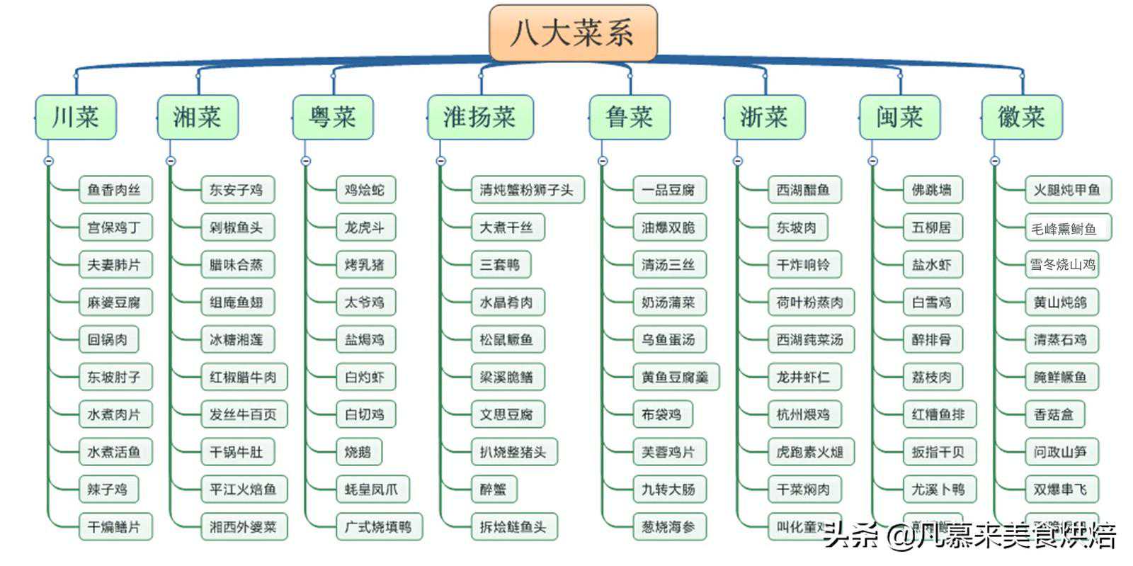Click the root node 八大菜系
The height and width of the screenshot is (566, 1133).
pos(573,33)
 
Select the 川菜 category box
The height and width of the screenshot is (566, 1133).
pos(76,117)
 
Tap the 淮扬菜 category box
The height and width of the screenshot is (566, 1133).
pos(480,117)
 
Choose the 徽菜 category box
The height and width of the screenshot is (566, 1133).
pos(1021,117)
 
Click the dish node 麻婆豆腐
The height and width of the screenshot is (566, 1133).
pos(114,302)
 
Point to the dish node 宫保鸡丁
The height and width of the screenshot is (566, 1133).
pos(114,227)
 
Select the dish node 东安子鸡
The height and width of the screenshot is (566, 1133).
pos(237,190)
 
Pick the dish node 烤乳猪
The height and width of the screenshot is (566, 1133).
pos(365,265)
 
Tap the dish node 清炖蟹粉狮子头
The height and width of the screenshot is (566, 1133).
pos(527,190)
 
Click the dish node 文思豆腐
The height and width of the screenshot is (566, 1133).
pos(506,414)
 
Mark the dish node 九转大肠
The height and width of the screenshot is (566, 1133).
pos(668,489)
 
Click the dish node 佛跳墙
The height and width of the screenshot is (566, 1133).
pos(932,190)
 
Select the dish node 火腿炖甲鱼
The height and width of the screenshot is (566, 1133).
pos(1066,190)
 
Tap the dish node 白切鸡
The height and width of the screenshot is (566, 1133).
pos(365,414)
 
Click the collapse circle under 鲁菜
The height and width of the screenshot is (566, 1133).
pos(603,161)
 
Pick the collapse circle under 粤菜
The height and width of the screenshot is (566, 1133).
pos(306,161)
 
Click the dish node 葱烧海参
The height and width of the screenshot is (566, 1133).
pos(668,527)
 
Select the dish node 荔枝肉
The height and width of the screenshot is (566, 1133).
pos(932,377)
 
